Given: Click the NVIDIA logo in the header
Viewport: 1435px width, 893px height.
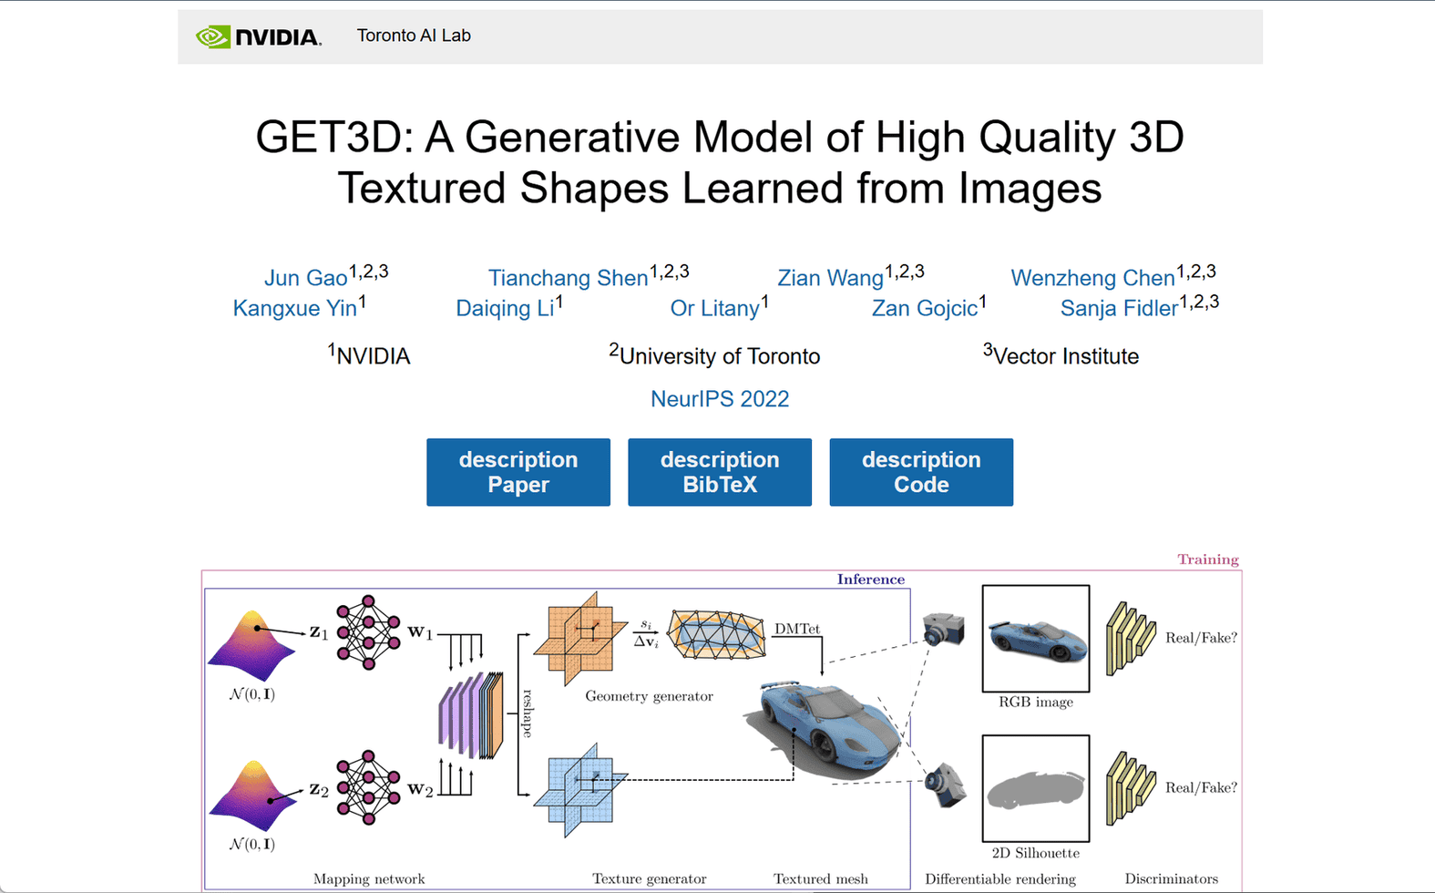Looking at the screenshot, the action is click(x=258, y=36).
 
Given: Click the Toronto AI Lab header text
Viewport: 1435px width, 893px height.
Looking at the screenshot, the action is click(x=414, y=36).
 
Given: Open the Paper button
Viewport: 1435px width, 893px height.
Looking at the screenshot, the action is click(x=518, y=472).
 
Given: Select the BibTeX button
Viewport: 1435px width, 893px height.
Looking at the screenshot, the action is click(x=720, y=472).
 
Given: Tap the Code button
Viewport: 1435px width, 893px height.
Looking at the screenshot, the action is click(x=921, y=472).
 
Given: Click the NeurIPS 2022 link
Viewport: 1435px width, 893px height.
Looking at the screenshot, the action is click(x=720, y=399).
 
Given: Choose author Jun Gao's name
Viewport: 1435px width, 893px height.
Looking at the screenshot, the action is click(x=305, y=278).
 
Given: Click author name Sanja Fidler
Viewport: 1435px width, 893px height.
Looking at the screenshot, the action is click(x=1119, y=309).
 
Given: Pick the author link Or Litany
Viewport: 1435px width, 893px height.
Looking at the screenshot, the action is click(x=714, y=309).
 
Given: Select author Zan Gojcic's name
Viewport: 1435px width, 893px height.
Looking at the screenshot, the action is click(x=925, y=309).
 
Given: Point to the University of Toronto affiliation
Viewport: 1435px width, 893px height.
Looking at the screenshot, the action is click(x=720, y=356).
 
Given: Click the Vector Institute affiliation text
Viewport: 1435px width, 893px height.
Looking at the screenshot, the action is click(x=1066, y=356).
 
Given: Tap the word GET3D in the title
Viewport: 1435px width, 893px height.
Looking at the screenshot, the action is click(x=334, y=137).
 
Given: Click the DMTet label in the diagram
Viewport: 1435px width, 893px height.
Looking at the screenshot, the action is click(x=797, y=629).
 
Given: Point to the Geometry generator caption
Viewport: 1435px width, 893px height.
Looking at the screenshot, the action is click(x=649, y=696).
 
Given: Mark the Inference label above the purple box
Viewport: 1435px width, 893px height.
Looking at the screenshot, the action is click(x=871, y=580).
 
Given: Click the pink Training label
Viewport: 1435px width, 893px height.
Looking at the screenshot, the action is click(x=1207, y=559).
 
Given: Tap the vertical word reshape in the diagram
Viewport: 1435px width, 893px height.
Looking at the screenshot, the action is click(x=528, y=713).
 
